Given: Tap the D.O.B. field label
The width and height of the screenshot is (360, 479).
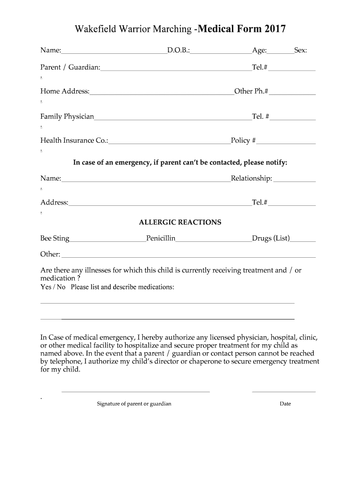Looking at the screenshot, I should tap(179, 51).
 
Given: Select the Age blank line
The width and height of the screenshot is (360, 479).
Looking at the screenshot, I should tap(280, 52).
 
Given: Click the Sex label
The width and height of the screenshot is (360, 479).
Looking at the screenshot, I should tap(300, 51).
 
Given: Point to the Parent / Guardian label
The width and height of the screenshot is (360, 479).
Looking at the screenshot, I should tap(70, 67).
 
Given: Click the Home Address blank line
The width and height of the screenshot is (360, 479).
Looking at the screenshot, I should tap(162, 94).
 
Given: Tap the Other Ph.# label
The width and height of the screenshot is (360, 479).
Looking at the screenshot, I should tap(252, 91).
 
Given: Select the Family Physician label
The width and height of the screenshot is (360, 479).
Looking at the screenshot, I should tap(67, 116).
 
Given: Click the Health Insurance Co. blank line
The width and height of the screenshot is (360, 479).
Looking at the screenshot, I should tap(169, 143).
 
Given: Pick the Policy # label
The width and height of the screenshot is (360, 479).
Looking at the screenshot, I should tap(243, 140).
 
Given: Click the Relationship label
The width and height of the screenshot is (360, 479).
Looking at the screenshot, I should tap(252, 178).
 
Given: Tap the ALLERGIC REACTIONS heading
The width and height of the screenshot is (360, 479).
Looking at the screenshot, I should tap(180, 222).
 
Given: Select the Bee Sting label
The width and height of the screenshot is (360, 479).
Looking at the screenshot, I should tap(55, 239).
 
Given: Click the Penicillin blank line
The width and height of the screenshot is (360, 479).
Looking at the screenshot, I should tap(214, 241).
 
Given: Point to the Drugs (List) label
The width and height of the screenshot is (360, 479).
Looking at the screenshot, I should tap(271, 239).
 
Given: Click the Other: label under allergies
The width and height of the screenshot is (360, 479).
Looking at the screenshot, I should tap(50, 254).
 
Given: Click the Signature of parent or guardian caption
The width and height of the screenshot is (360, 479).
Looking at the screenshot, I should tap(134, 404).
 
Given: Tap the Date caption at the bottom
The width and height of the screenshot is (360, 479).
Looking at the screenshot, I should tap(285, 404).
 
